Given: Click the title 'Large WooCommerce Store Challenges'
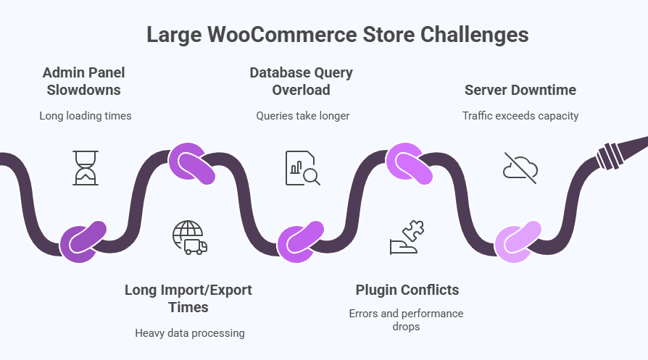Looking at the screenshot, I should [x=337, y=35].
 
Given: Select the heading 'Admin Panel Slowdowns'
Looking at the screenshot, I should [x=83, y=81].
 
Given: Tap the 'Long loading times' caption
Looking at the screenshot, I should [x=86, y=116].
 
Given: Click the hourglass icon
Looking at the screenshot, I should [x=86, y=167].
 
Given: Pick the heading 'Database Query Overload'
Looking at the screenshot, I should [x=301, y=81].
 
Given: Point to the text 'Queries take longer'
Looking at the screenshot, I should [x=302, y=116].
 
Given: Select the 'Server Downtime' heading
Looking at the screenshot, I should [x=520, y=90].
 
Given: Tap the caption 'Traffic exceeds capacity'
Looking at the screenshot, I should [x=520, y=116].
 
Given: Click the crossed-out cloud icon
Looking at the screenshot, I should [x=520, y=167].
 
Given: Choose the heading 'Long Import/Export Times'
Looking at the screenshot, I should [x=188, y=298].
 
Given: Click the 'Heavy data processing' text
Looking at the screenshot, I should [x=190, y=333].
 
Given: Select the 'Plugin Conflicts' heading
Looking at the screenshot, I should [x=407, y=290].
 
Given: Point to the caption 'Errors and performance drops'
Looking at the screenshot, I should [x=406, y=320].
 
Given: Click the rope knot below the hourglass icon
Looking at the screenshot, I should [x=83, y=242].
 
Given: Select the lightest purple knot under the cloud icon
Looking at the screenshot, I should [x=518, y=242].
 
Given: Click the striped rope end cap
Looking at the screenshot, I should [x=610, y=154].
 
